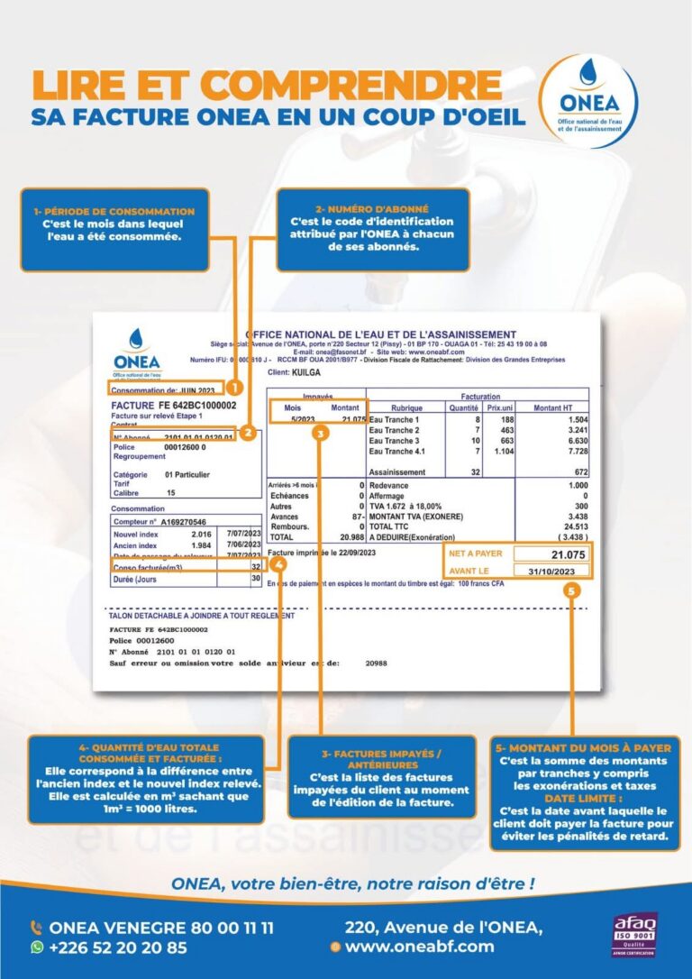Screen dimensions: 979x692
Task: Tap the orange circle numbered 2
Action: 248,433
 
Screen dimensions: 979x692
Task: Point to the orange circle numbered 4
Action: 278,565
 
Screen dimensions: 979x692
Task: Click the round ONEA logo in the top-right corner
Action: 591,101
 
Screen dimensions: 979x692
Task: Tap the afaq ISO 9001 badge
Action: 634,935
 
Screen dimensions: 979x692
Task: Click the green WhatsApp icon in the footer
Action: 37,947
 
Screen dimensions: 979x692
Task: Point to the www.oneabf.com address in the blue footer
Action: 420,947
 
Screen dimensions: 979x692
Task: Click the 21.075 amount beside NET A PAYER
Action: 563,554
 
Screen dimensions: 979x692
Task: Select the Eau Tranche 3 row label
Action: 395,440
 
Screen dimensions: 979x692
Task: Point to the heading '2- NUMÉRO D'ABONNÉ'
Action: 372,209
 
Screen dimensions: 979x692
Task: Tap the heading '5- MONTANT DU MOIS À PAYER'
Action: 584,748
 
